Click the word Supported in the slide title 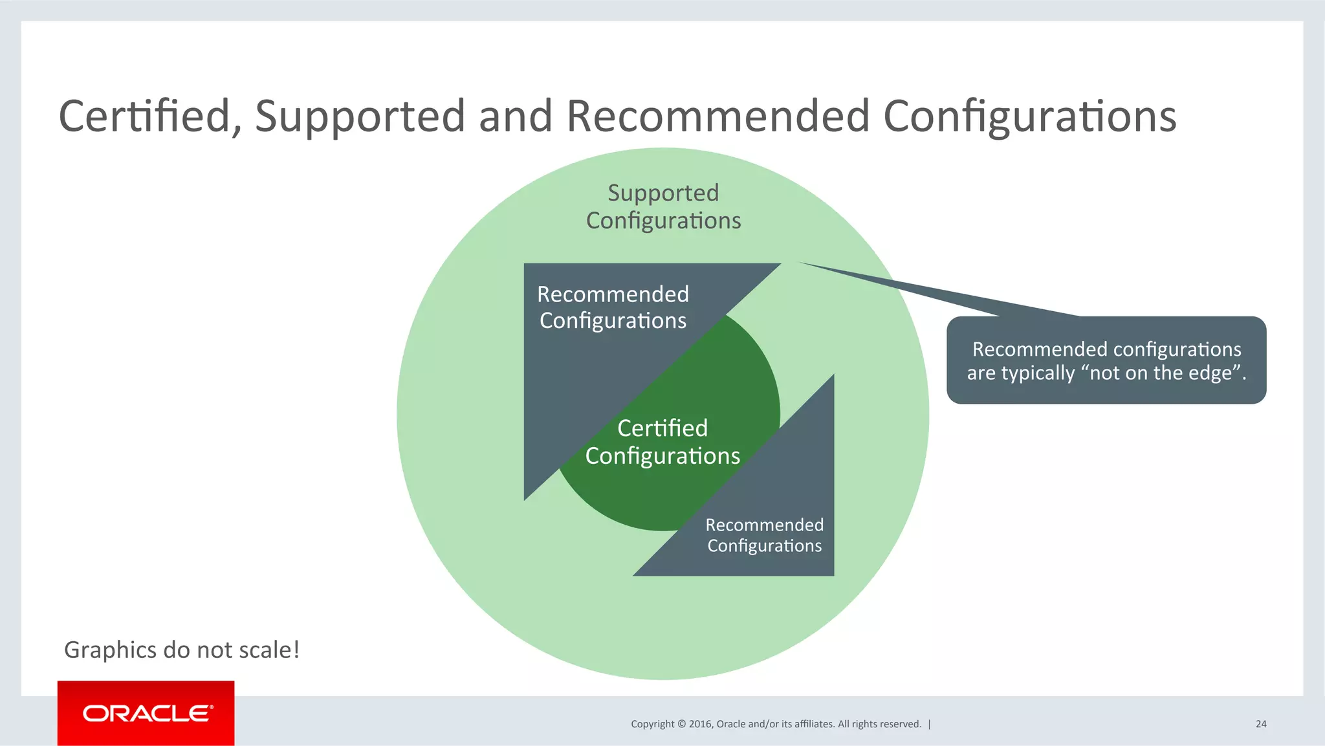click(360, 116)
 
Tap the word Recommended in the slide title click(717, 116)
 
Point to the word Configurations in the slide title click(1029, 116)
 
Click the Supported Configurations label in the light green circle click(663, 207)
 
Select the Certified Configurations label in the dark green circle click(662, 443)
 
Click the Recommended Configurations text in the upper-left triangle click(613, 308)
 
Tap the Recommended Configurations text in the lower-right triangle click(764, 535)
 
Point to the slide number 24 click(1261, 724)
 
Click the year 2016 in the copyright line click(700, 724)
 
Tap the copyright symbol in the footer click(681, 724)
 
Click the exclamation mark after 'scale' click(296, 649)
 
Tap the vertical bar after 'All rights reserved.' click(930, 724)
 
